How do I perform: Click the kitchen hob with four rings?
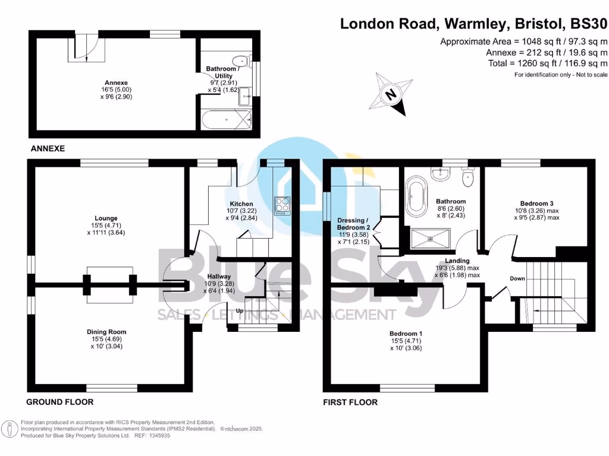coord(281,205)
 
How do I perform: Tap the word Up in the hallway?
coord(240,311)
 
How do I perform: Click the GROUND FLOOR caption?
coord(59,402)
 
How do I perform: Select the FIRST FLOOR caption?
coord(350,402)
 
